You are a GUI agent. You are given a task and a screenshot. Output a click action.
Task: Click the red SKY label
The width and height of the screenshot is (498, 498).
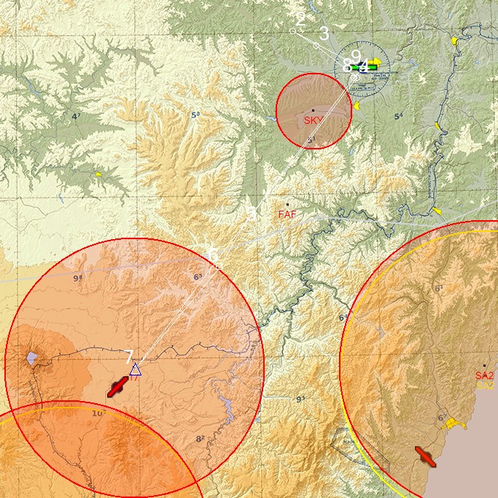[314, 120]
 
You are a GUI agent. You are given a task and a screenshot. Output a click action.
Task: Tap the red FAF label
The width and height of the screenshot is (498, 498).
[287, 214]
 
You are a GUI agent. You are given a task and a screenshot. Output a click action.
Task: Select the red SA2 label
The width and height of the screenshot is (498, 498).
[484, 376]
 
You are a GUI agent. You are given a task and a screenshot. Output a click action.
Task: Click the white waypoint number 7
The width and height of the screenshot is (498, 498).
[129, 357]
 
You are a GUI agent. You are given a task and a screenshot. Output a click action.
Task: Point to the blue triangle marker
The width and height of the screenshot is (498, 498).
[135, 370]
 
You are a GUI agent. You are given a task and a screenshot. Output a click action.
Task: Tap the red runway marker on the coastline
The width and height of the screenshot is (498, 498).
[426, 456]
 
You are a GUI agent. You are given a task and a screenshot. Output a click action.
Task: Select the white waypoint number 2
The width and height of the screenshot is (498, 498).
[300, 19]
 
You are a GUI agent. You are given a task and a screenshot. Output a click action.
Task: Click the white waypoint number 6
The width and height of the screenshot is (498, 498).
[213, 255]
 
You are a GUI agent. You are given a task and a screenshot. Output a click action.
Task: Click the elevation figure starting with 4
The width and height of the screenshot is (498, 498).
[76, 116]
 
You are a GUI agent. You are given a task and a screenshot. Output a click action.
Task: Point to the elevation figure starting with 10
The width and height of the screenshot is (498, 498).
[99, 413]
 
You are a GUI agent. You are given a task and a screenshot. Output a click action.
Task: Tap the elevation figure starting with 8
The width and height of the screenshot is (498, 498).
[200, 439]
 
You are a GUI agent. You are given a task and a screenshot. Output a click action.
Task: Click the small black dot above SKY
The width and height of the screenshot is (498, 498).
[313, 111]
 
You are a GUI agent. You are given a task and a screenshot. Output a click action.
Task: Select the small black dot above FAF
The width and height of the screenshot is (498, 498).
[287, 205]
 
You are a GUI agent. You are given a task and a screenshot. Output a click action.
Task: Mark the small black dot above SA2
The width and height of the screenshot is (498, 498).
[484, 365]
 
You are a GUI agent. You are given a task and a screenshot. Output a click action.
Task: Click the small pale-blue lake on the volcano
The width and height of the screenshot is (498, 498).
[31, 358]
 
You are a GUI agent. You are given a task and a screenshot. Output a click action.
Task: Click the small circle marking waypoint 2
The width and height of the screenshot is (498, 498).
[293, 31]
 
